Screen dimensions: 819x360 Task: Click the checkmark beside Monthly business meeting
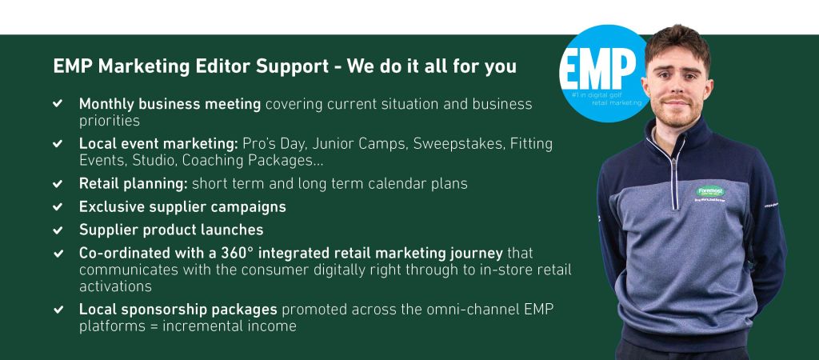tap(58, 103)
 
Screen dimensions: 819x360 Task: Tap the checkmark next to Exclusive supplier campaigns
tap(58, 207)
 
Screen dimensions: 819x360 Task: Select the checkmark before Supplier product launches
tap(58, 230)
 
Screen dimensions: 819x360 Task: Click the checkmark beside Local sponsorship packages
tap(58, 310)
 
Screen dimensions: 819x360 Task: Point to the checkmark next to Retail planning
tap(58, 184)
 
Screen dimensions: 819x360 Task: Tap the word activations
tap(115, 286)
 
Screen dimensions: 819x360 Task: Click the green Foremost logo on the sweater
tap(710, 192)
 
